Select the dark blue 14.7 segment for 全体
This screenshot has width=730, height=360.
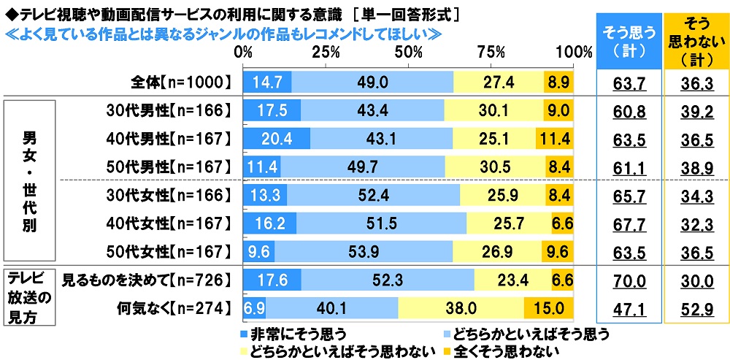(x=267, y=83)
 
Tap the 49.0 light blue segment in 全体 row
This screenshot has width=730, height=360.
(x=372, y=83)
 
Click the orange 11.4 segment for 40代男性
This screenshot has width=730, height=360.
(x=554, y=138)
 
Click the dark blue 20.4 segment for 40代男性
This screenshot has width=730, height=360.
(x=277, y=138)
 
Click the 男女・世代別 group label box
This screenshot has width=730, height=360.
(x=30, y=180)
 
